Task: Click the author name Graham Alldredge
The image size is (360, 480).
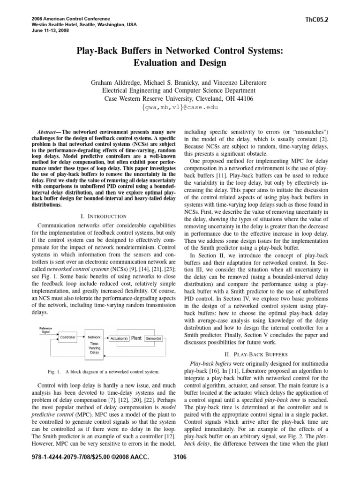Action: click(123, 82)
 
